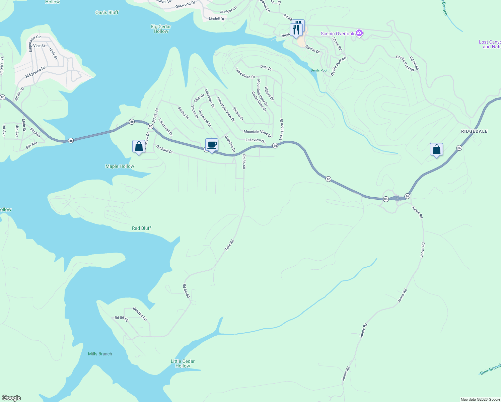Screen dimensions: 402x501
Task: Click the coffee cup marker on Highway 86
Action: (x=212, y=145)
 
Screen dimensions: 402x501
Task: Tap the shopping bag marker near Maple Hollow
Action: (x=139, y=147)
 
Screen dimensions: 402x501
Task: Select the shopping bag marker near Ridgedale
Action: (x=436, y=150)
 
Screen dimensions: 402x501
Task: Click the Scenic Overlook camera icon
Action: (x=359, y=33)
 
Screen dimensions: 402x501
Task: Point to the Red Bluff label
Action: (x=141, y=228)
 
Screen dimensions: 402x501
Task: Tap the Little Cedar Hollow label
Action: (x=183, y=363)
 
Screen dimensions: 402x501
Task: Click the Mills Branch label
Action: (x=100, y=354)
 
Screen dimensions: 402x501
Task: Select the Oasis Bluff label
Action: (x=107, y=12)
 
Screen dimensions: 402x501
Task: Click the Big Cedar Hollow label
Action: (x=161, y=29)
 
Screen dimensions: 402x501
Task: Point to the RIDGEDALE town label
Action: (x=474, y=131)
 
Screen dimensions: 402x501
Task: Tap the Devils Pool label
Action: (x=319, y=70)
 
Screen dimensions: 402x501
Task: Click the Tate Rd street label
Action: (x=229, y=245)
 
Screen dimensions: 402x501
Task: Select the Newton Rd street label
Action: (x=140, y=314)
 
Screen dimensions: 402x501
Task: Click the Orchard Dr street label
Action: (x=164, y=149)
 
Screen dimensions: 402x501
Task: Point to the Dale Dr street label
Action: (x=266, y=68)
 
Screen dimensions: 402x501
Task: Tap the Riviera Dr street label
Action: (x=238, y=114)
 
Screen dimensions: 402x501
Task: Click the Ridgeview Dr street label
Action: (x=35, y=72)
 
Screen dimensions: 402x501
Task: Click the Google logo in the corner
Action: (x=11, y=398)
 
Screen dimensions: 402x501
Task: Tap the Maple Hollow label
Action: (x=120, y=166)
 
